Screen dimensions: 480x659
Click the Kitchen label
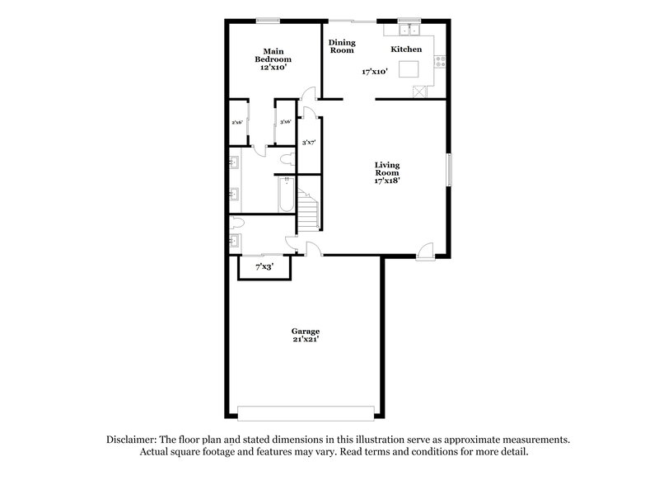tap(406, 49)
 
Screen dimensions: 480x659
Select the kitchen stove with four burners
tap(442, 59)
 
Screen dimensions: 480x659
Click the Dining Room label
tap(342, 46)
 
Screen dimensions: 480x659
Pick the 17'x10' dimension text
tap(375, 72)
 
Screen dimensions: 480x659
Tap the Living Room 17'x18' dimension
tap(387, 181)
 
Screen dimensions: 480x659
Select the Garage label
tap(304, 332)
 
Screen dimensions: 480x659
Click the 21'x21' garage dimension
tap(304, 340)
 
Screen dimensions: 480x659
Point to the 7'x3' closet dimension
tap(264, 266)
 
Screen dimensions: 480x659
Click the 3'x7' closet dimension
tap(310, 143)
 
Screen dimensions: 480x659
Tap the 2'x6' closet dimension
tap(237, 122)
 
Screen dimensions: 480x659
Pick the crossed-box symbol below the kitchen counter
tap(419, 90)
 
